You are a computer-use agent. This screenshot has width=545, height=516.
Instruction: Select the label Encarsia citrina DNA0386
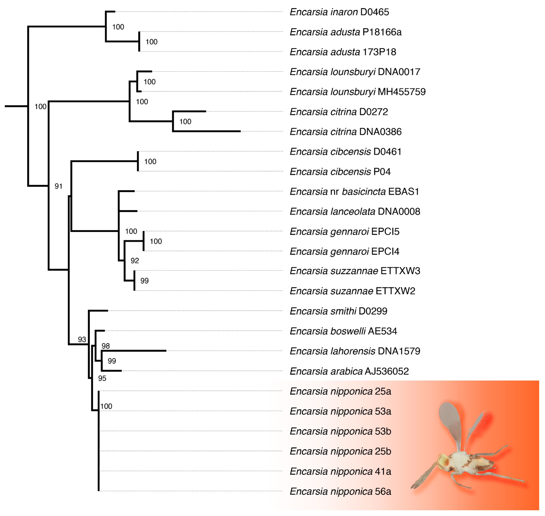(345, 132)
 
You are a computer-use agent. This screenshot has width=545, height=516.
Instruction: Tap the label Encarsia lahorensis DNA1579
(355, 351)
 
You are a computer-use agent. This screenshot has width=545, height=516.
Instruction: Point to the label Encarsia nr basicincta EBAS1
(354, 192)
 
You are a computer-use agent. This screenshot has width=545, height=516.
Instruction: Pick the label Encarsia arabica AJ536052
(349, 371)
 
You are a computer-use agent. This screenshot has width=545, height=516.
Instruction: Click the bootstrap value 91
(58, 186)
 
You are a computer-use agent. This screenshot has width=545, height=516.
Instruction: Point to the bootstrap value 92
(135, 261)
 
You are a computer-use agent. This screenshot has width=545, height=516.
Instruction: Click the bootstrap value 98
(106, 346)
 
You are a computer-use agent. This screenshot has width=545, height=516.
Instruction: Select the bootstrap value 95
(102, 378)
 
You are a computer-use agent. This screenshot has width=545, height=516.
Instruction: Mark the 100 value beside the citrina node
(185, 122)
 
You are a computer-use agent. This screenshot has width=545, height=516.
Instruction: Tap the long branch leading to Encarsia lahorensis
(135, 351)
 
